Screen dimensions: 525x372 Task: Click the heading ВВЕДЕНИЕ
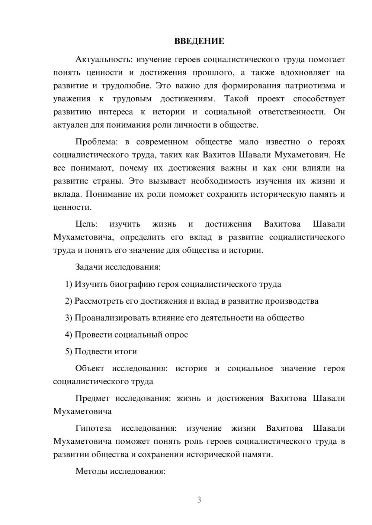pyautogui.click(x=199, y=41)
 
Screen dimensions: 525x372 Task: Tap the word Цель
pyautogui.click(x=86, y=224)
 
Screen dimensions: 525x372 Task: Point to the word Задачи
pyautogui.click(x=89, y=267)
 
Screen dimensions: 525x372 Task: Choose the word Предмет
pyautogui.click(x=92, y=398)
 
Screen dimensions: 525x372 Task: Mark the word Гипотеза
pyautogui.click(x=93, y=428)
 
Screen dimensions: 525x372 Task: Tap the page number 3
pyautogui.click(x=199, y=500)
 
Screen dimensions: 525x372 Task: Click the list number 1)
pyautogui.click(x=69, y=284)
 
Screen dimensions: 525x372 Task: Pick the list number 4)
pyautogui.click(x=69, y=335)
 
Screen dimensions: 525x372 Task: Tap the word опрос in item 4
pyautogui.click(x=176, y=335)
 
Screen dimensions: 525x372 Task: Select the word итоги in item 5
pyautogui.click(x=125, y=351)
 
